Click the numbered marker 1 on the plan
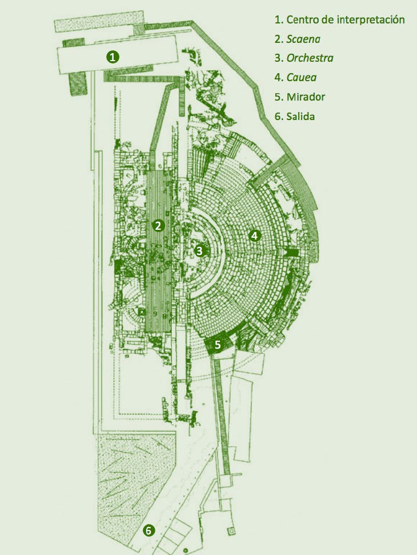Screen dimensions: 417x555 [113, 57]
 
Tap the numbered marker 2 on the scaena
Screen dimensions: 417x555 [158, 225]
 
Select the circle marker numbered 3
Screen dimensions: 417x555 [199, 251]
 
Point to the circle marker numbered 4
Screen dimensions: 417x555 [255, 235]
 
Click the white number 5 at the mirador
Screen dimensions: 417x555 [218, 345]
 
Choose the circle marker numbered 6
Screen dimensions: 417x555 [149, 530]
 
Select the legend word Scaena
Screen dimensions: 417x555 [303, 39]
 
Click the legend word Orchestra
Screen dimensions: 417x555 [310, 58]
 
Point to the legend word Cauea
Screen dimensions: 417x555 [302, 78]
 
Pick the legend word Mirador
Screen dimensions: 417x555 [306, 97]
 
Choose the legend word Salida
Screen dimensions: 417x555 [300, 116]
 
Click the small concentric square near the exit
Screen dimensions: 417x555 [231, 531]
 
